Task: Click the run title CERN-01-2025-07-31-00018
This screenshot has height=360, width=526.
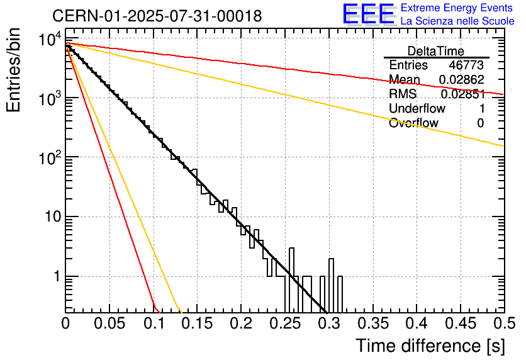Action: [157, 16]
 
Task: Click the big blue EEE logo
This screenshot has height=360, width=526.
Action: [369, 14]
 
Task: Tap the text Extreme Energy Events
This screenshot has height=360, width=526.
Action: [457, 8]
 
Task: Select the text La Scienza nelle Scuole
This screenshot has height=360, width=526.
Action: [457, 21]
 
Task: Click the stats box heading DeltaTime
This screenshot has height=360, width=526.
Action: [436, 51]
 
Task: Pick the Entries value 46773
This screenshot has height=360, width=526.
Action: [466, 65]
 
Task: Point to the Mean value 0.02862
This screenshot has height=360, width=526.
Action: [462, 79]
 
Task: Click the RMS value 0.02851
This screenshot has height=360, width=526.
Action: [463, 94]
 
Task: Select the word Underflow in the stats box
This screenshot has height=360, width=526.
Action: [417, 108]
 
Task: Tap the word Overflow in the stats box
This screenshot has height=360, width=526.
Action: [413, 123]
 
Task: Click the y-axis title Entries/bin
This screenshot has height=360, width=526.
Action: [13, 70]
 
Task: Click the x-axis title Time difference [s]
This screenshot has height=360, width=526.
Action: [430, 346]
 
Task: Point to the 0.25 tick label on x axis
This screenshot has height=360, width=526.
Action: [286, 323]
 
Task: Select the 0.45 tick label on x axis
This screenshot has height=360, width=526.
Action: [461, 323]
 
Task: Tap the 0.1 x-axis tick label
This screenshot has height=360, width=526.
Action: [154, 323]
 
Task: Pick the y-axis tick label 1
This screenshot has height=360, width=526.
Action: [57, 277]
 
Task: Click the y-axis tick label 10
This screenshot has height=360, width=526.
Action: [53, 217]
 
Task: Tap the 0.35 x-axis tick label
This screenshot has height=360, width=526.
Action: [373, 323]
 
